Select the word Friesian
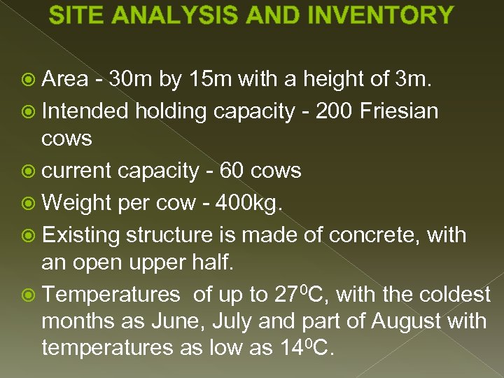400,110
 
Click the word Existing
81,234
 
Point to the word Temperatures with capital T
111,295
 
